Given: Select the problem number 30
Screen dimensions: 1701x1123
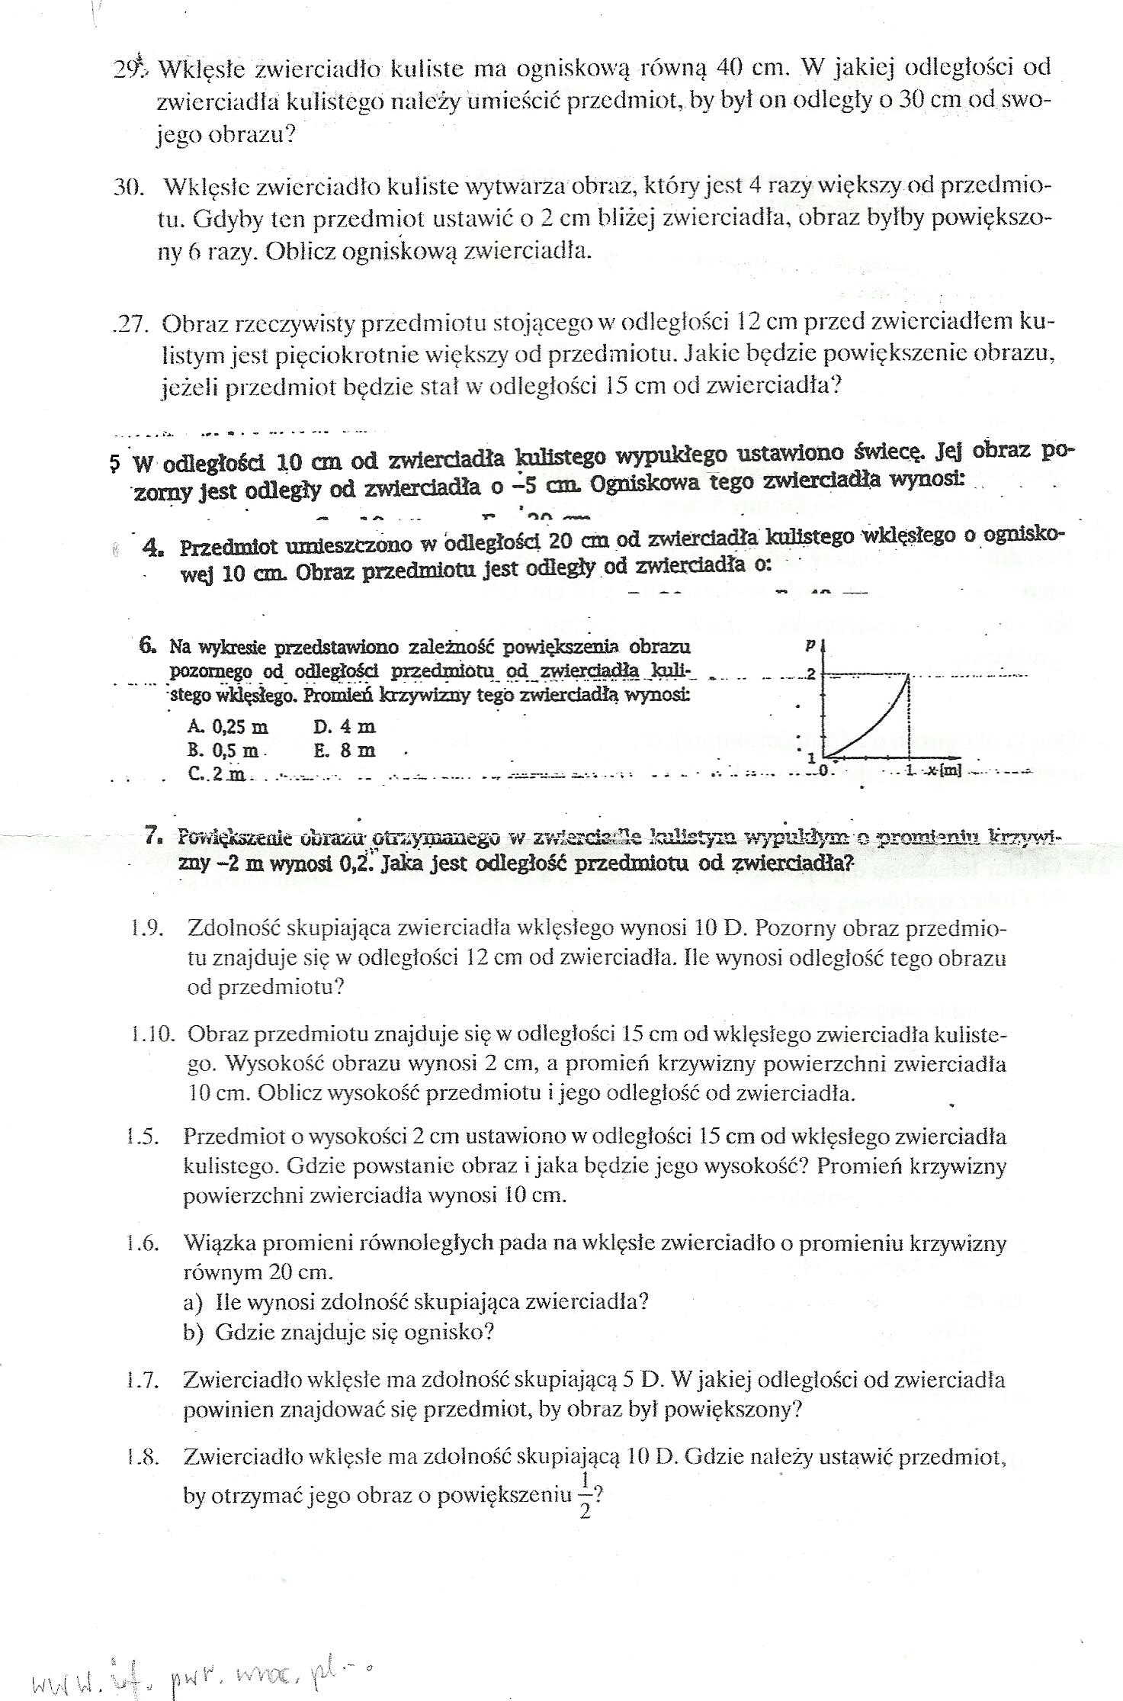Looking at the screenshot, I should [129, 187].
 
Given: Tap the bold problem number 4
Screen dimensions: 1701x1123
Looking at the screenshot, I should [153, 546].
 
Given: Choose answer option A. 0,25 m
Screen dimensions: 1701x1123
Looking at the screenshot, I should [228, 726].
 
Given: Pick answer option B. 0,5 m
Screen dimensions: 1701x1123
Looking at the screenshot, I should [223, 750].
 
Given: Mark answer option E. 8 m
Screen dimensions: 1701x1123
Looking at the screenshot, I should [345, 750].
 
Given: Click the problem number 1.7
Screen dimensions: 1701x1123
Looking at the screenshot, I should [143, 1379].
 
